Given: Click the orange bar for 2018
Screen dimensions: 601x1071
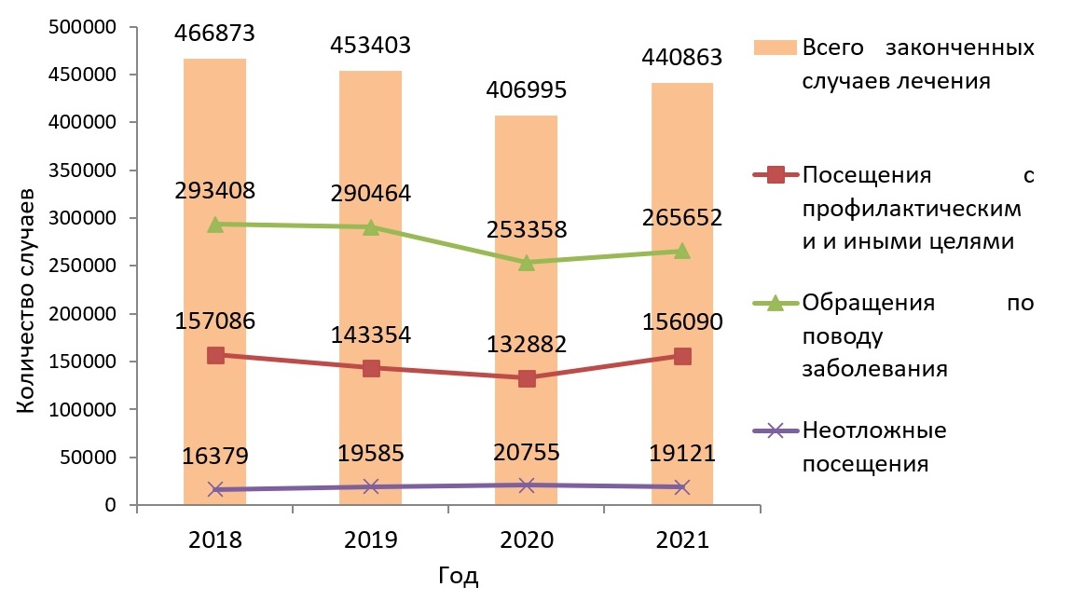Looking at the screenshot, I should [x=215, y=280].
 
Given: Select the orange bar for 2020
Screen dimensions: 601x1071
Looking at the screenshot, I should [x=527, y=307].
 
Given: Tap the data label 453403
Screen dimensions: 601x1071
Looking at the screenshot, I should [x=371, y=46].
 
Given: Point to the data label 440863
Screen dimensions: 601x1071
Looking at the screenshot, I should [x=681, y=58].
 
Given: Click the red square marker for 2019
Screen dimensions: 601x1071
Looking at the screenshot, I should [x=371, y=368].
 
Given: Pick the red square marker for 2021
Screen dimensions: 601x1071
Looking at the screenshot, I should [x=682, y=356].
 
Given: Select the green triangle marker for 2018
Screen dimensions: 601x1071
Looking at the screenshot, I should [x=215, y=225].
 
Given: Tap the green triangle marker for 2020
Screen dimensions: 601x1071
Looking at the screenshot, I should [x=527, y=263].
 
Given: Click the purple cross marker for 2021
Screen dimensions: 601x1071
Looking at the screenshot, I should [x=682, y=486].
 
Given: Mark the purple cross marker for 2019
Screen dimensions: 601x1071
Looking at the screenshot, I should [x=371, y=486].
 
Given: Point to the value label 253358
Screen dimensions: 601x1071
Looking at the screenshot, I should [x=527, y=230].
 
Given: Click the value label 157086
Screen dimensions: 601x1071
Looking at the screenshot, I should [x=215, y=321].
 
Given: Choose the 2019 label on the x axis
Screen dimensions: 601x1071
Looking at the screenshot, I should [x=371, y=540].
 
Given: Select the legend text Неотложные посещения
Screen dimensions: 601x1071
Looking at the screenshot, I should [x=873, y=446].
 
